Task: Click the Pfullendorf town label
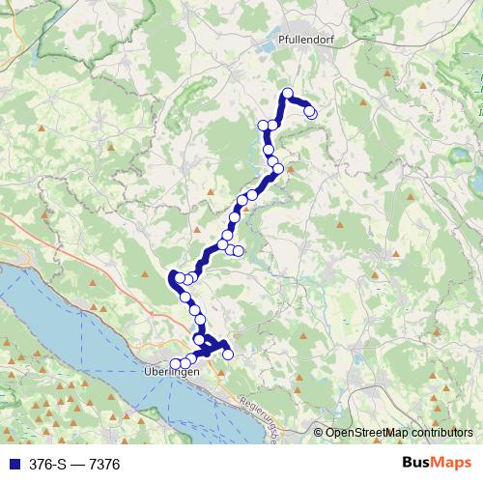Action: click(x=299, y=43)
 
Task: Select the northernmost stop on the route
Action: click(x=287, y=93)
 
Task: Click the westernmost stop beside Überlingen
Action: click(x=175, y=364)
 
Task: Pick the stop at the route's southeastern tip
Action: click(x=228, y=355)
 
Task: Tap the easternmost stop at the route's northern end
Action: click(x=311, y=112)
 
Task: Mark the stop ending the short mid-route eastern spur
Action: click(x=239, y=252)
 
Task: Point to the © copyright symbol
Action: click(x=318, y=433)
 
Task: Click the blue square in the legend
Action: click(x=10, y=465)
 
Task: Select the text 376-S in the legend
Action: click(x=43, y=465)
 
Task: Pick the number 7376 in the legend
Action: click(x=103, y=465)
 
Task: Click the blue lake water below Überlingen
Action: click(x=145, y=406)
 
